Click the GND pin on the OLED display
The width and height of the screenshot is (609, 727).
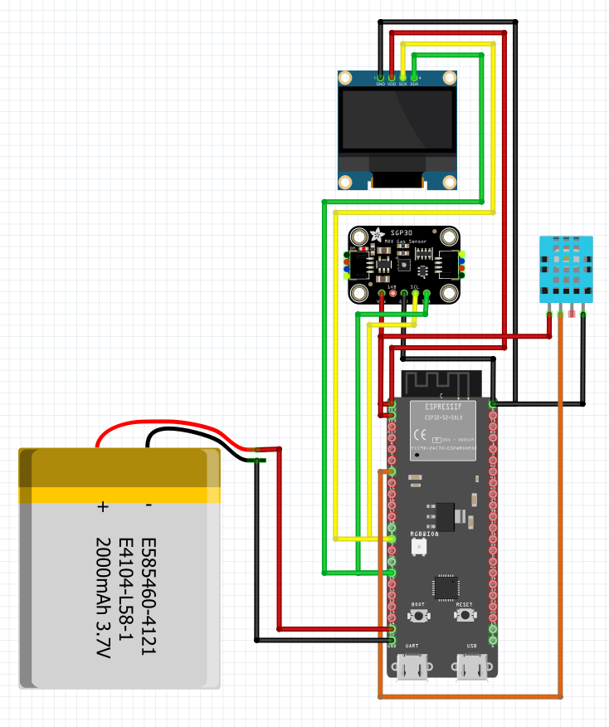tap(381, 78)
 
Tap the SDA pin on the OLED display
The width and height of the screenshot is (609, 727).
tap(414, 78)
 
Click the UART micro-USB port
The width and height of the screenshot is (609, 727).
tap(412, 666)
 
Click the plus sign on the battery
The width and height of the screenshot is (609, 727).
tap(103, 505)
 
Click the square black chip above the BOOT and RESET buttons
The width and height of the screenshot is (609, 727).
tap(446, 586)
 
